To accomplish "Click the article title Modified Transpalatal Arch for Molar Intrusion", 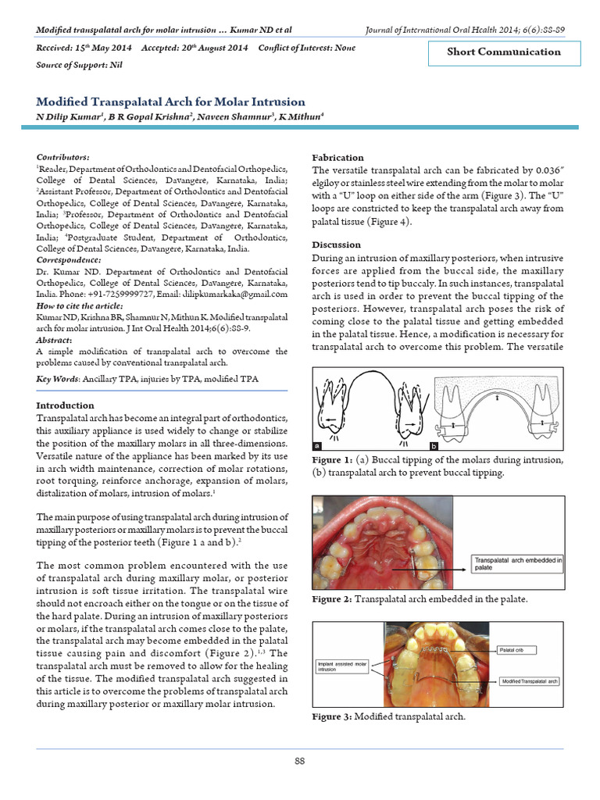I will [171, 102].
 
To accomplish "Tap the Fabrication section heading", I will [337, 157].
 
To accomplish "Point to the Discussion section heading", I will [337, 245].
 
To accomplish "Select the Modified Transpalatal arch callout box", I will [530, 682].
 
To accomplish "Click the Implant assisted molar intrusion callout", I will [342, 666].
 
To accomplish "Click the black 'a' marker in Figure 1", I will [317, 445].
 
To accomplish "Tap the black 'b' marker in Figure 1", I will [434, 445].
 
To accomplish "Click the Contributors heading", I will [63, 157].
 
